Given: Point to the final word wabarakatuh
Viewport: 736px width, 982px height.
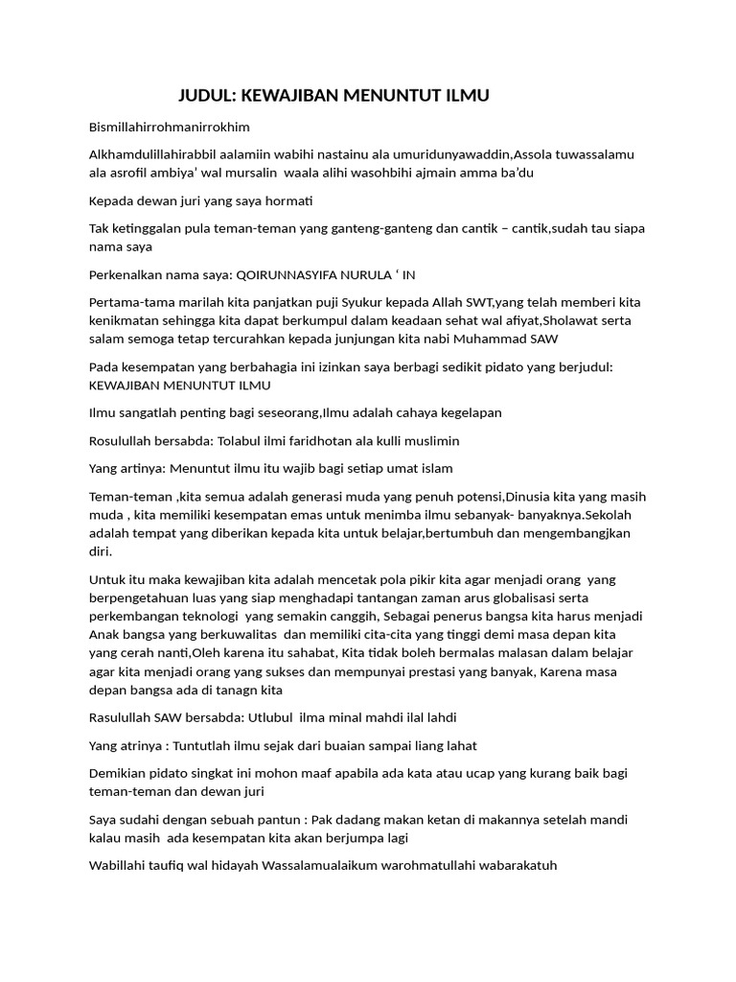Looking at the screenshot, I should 517,865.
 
